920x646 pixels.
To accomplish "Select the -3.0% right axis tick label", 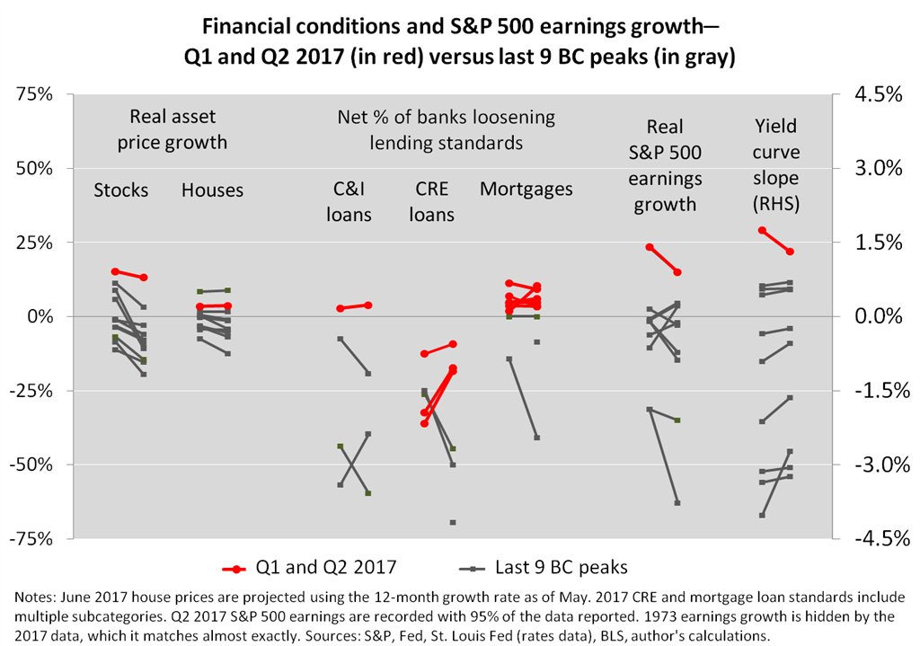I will [868, 465].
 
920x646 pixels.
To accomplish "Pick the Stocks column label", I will [121, 190].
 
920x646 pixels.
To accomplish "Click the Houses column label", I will [212, 190].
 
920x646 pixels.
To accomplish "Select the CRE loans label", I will [435, 202].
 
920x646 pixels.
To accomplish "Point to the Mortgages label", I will [526, 190].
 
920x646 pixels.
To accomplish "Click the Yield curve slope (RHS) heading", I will [776, 165].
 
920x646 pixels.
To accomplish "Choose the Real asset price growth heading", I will [172, 129].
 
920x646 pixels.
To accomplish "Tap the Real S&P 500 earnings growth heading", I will [665, 165].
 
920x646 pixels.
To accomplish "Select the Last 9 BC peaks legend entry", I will [543, 567].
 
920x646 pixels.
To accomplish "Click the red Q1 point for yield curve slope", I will [762, 231].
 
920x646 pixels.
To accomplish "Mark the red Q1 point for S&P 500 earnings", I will [649, 247].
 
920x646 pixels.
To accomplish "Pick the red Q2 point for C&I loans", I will [368, 305].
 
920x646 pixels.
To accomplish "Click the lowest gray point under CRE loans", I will [453, 522].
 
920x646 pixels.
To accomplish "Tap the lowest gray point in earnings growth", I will [677, 502].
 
